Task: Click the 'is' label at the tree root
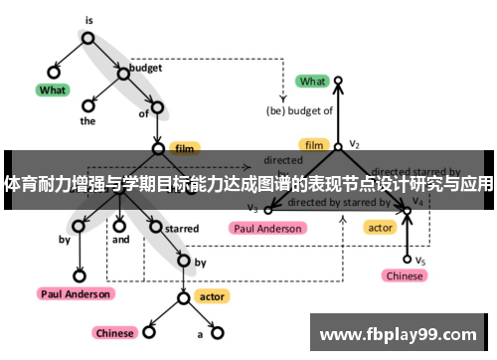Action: tap(87, 19)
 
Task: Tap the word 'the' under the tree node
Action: tap(87, 121)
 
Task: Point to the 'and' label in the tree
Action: tap(120, 240)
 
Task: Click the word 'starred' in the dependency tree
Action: tap(182, 229)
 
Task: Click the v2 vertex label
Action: tap(355, 144)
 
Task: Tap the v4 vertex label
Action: tap(418, 201)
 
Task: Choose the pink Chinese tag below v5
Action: tap(405, 275)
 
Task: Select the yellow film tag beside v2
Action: tap(315, 144)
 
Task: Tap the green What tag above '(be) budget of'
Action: tap(312, 82)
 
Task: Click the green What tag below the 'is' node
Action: tap(52, 90)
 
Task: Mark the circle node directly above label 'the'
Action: tap(88, 103)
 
